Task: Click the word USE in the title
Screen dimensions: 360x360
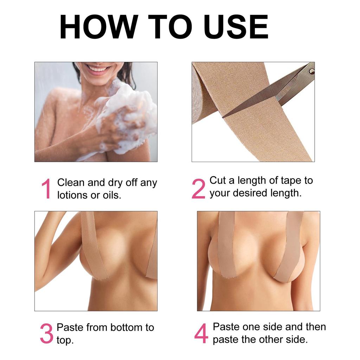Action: [236, 27]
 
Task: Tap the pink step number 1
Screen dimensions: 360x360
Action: [46, 189]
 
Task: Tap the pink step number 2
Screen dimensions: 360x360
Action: [198, 189]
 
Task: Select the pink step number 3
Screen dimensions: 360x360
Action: [46, 334]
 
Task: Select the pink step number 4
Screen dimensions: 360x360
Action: [201, 334]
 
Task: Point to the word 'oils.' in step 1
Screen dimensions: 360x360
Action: [112, 195]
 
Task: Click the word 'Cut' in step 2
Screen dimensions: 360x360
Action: [217, 181]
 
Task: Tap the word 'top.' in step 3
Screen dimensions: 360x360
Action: [65, 340]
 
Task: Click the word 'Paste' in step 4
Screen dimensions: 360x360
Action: [228, 327]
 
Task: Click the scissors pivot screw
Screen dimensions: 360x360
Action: [310, 72]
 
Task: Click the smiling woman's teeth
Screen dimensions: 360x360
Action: [99, 69]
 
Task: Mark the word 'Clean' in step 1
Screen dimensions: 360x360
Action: [71, 183]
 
